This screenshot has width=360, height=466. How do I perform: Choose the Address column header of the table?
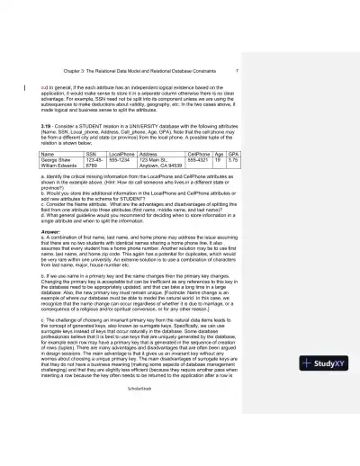[x=150, y=155]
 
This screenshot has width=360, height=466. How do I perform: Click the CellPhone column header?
[x=200, y=155]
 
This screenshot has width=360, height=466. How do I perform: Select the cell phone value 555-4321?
[x=199, y=160]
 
